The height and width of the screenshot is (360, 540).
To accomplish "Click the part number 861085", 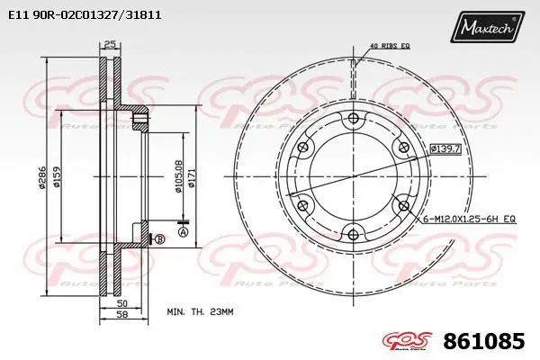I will coord(491,342).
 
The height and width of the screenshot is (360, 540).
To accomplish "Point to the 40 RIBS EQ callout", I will coord(391,46).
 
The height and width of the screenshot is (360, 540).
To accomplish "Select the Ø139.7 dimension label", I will coord(445,148).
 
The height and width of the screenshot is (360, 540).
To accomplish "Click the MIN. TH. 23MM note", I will coord(200,311).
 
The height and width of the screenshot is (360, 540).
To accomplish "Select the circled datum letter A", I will coord(184,232).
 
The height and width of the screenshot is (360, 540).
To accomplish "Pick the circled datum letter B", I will coord(159,238).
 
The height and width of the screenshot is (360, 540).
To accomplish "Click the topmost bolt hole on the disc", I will coord(352,120).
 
